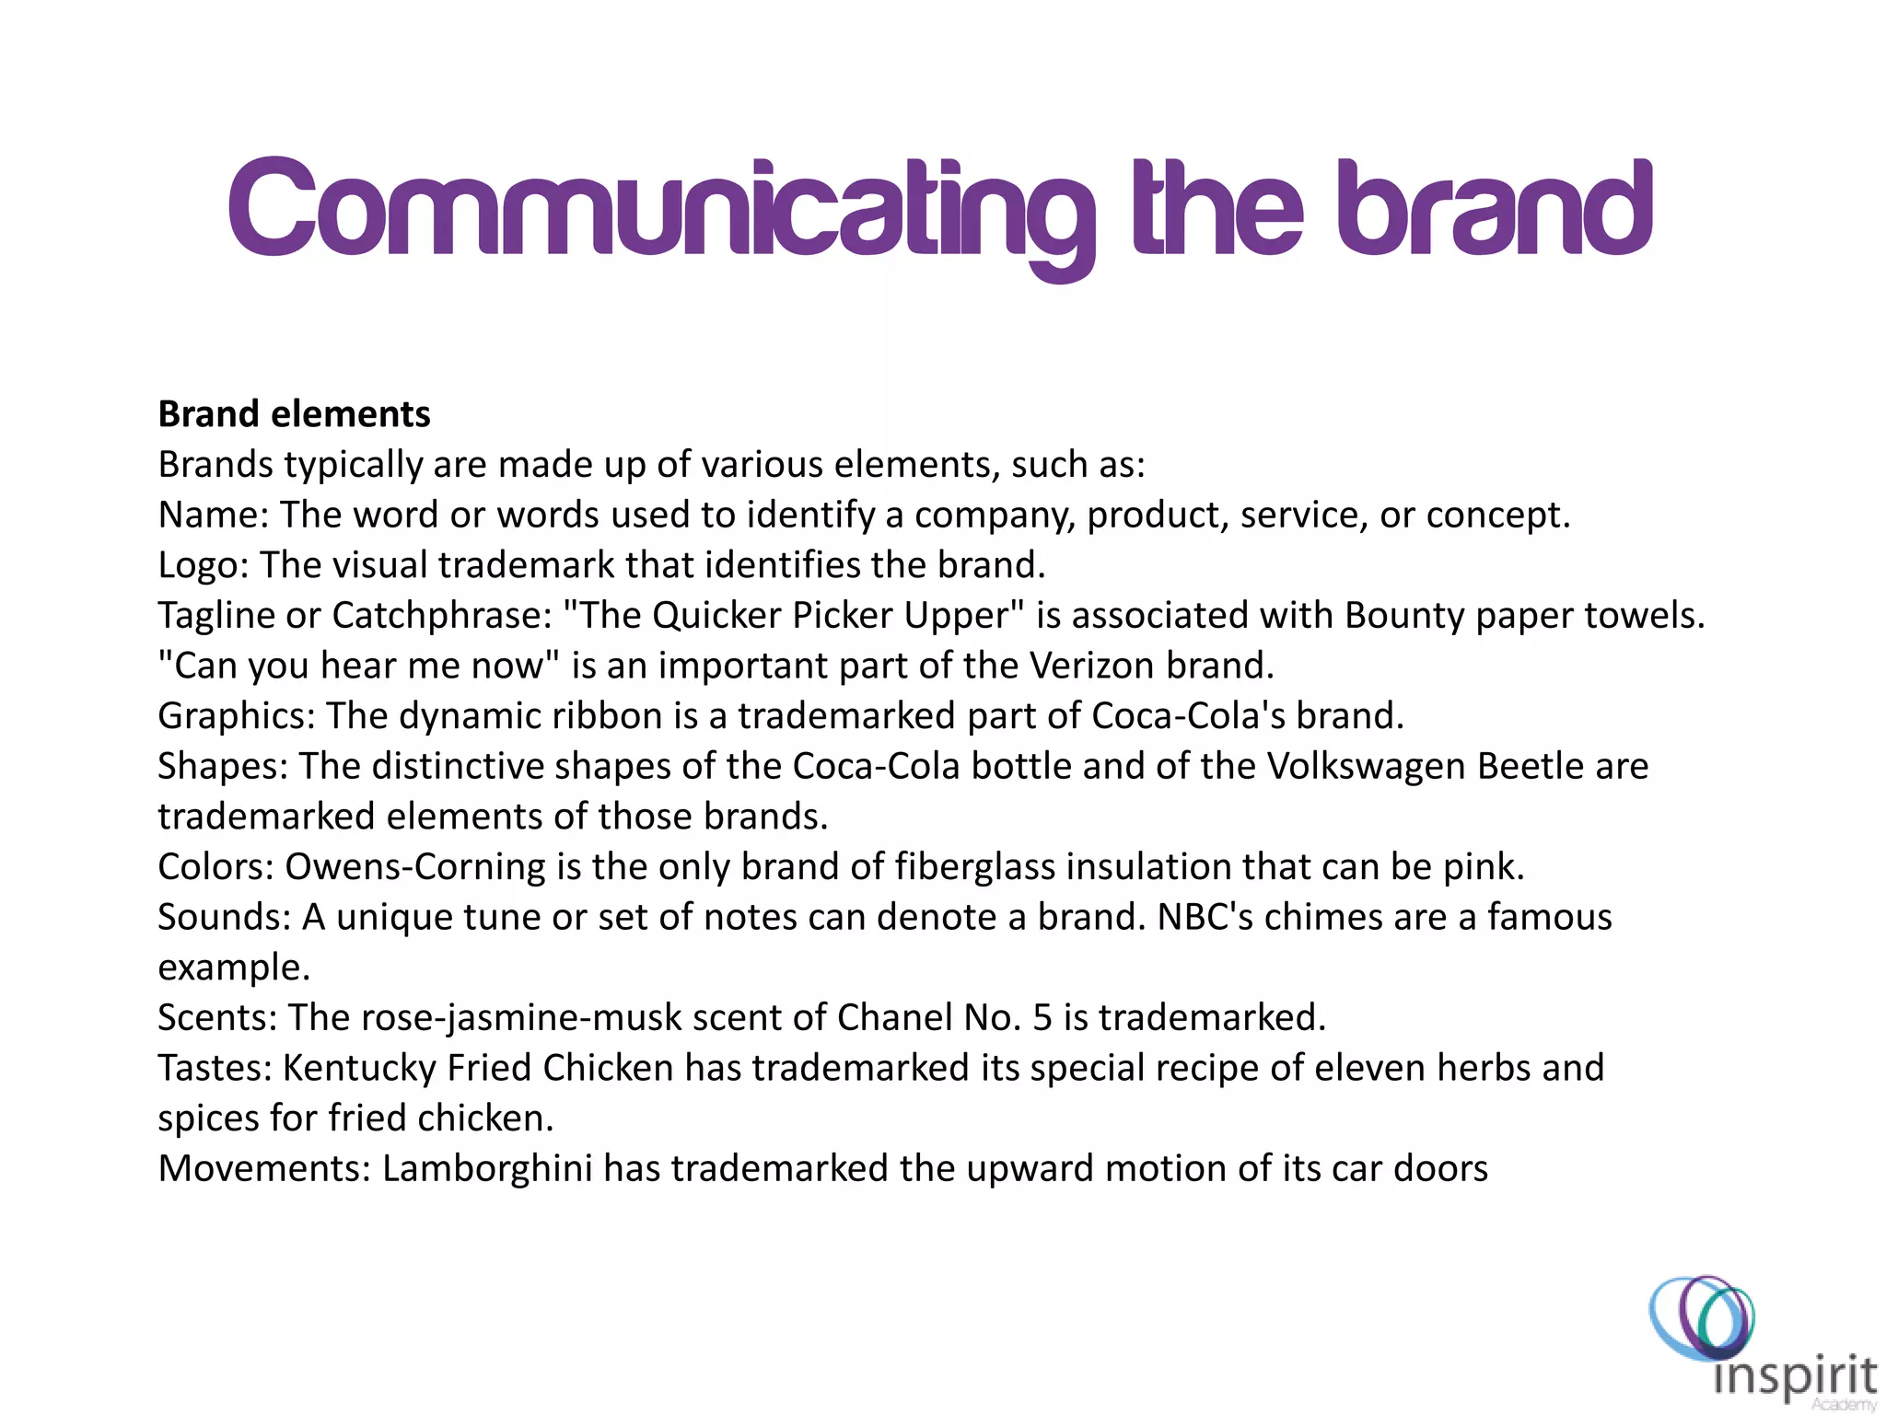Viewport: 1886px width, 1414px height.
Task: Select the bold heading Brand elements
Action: [294, 414]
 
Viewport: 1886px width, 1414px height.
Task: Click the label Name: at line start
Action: [213, 515]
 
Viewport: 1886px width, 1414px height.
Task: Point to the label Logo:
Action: [204, 565]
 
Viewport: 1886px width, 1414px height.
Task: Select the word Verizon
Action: [1091, 666]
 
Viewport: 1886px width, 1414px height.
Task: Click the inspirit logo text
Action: [1795, 1377]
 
